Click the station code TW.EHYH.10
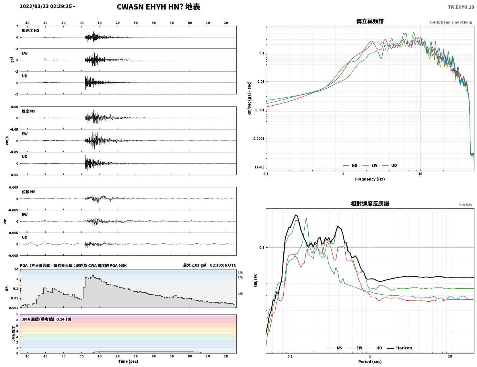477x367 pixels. tap(461, 7)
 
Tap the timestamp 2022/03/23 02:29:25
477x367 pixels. tap(46, 6)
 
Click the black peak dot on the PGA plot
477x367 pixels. tap(93, 276)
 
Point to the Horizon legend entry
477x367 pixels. tap(399, 348)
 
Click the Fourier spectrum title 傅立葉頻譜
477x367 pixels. tap(370, 21)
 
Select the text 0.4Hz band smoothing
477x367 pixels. tap(450, 22)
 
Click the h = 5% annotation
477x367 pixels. tap(465, 205)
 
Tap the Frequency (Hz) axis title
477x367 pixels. tap(370, 179)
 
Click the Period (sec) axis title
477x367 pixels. tap(370, 362)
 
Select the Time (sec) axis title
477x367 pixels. tap(128, 361)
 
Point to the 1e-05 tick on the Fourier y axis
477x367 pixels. tap(259, 167)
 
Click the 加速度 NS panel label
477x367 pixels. tap(30, 30)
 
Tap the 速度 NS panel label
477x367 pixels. tap(28, 111)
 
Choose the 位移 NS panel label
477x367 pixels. tap(28, 192)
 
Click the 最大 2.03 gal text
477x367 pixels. tap(195, 265)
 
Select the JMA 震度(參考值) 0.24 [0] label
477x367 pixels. tap(46, 319)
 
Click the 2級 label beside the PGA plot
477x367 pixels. tap(240, 272)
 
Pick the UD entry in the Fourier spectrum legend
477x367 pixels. tap(390, 166)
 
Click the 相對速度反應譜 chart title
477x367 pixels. tap(370, 204)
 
